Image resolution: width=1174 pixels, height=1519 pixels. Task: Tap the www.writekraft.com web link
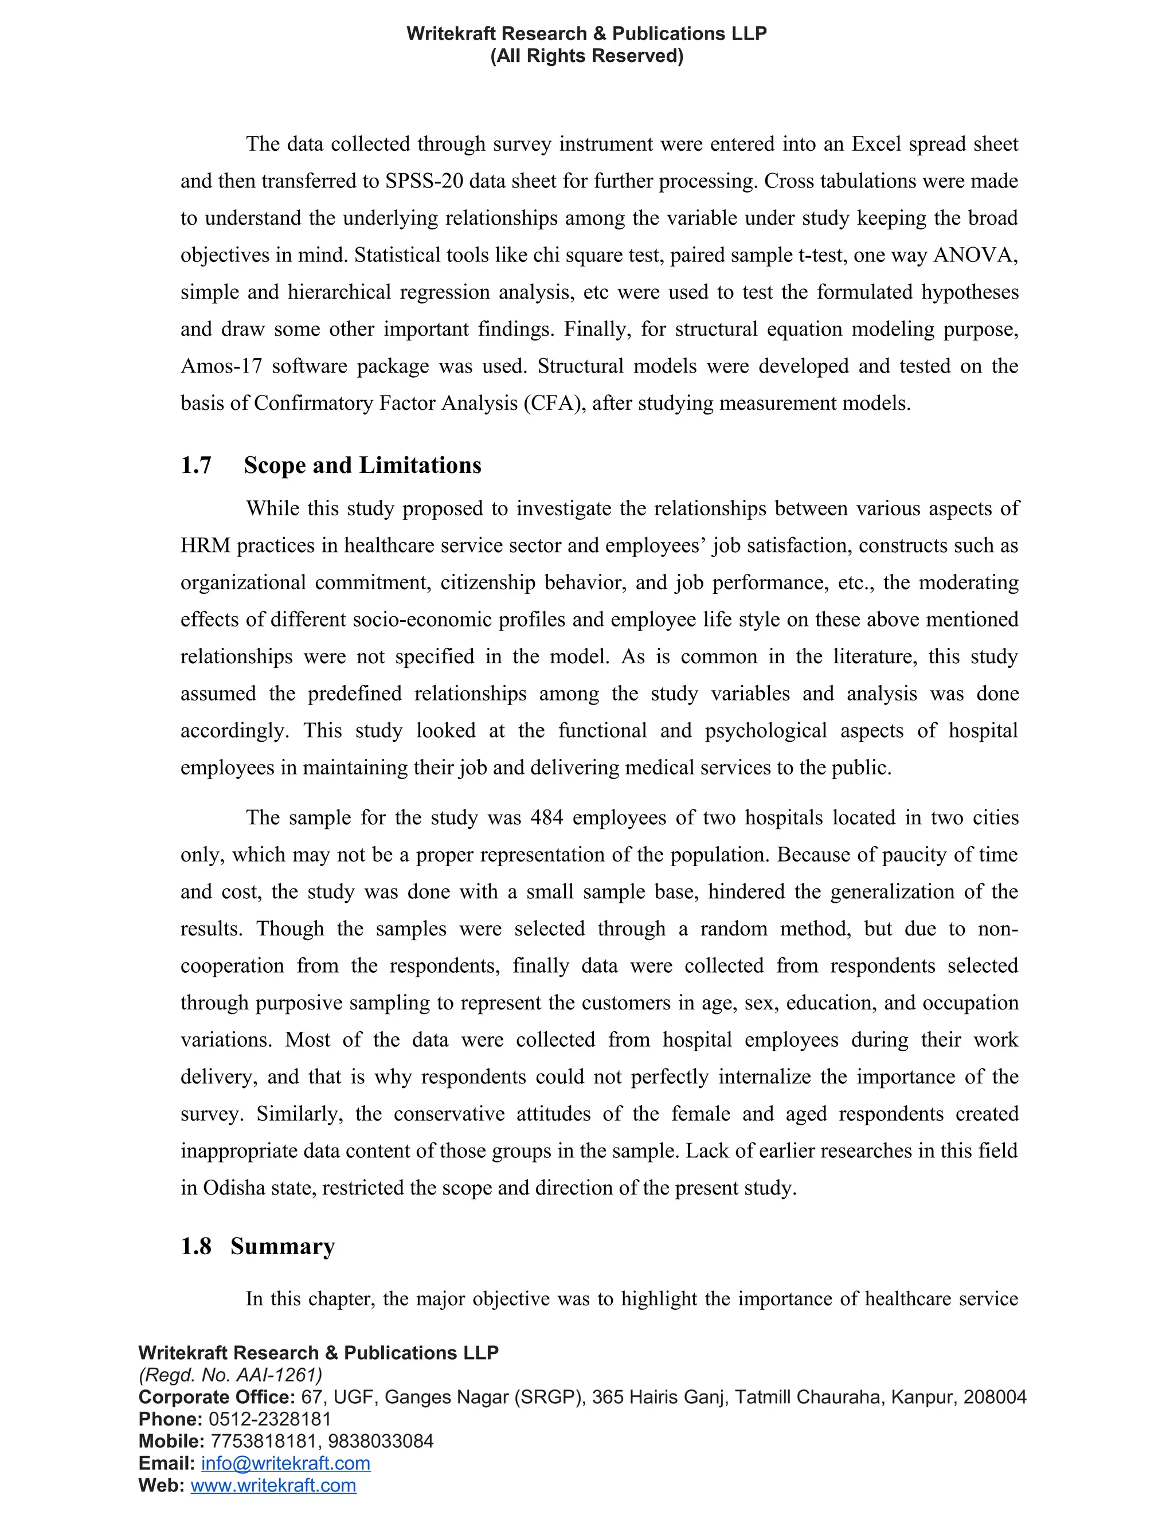(273, 1486)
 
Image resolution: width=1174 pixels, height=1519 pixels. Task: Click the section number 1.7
(196, 465)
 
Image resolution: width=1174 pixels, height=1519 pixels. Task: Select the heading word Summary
(283, 1246)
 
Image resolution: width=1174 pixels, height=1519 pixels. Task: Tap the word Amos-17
(221, 366)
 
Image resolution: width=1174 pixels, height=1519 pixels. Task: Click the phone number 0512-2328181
(270, 1419)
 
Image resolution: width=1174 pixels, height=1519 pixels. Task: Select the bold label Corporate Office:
(217, 1397)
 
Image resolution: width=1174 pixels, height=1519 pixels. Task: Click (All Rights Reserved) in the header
(586, 56)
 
